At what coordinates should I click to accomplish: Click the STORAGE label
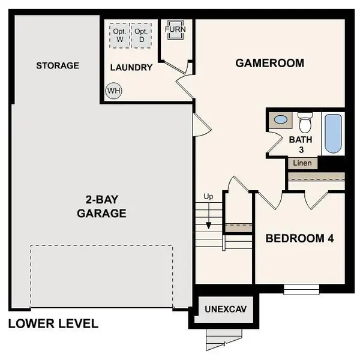click(57, 65)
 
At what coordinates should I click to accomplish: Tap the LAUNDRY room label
click(131, 67)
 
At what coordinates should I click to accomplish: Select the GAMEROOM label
click(269, 62)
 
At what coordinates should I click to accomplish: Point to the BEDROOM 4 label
click(299, 238)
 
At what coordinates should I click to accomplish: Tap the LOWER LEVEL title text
click(53, 324)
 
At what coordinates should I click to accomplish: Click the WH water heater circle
click(113, 91)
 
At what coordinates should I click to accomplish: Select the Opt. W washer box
click(120, 35)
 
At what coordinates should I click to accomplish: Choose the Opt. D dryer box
click(142, 35)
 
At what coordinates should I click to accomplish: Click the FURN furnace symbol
click(176, 31)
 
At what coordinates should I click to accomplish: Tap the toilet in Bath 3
click(305, 122)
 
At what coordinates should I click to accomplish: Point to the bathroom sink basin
click(280, 120)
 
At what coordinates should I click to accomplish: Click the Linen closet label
click(302, 163)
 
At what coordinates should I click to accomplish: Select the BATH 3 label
click(301, 144)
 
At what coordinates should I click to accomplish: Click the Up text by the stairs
click(209, 196)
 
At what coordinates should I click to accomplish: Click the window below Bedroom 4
click(301, 290)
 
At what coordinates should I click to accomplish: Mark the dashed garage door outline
click(102, 276)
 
